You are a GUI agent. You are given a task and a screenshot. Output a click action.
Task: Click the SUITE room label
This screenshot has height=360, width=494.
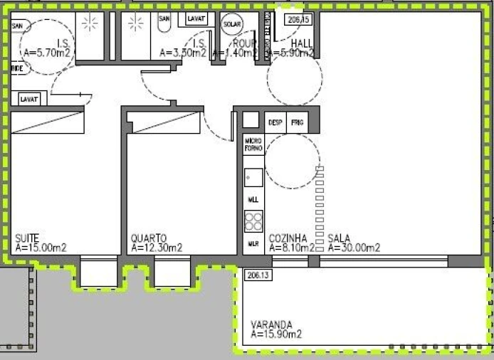point(26,238)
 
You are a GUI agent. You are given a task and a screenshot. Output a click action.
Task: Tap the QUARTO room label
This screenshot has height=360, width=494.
point(149,238)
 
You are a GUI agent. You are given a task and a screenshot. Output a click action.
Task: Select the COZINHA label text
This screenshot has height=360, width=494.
point(288,238)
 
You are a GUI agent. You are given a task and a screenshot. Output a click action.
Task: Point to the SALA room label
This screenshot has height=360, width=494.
point(339,238)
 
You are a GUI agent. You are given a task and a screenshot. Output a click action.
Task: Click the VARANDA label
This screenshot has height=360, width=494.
point(271,324)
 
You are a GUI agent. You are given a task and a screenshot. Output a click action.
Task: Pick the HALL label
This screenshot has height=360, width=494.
point(302,43)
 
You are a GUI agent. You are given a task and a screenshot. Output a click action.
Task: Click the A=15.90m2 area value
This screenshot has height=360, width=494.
point(276,334)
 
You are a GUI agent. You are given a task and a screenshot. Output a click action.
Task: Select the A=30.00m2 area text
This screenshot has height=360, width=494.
point(354,248)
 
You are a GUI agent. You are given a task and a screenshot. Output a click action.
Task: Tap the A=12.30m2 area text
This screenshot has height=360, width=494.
point(157,248)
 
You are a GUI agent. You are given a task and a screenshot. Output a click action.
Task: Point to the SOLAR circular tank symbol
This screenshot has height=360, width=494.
point(232,23)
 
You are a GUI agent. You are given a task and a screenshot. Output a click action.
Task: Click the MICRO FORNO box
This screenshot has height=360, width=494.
point(253,145)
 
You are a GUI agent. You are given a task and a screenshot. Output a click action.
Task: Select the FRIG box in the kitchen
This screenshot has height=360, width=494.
point(298,122)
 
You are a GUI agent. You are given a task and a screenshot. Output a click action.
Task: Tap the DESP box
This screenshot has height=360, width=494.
point(275,122)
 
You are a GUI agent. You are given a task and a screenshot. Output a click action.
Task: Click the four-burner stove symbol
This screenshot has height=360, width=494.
point(253,221)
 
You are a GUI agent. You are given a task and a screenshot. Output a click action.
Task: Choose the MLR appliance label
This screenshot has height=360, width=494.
point(253,243)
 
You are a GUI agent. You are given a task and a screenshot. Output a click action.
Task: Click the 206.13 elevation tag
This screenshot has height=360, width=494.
point(254,275)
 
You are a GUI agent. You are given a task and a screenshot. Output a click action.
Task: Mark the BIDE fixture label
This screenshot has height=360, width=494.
point(17,68)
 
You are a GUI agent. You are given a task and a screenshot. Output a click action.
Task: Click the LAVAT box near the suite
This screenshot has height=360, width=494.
point(29,99)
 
